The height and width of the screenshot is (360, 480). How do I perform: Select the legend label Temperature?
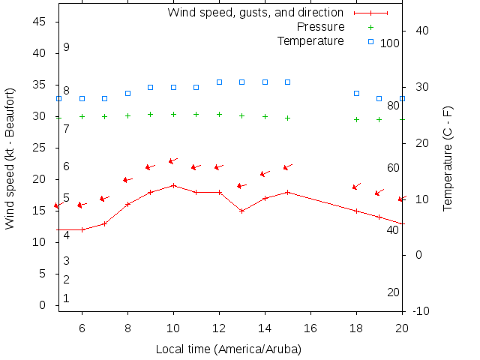click(310, 40)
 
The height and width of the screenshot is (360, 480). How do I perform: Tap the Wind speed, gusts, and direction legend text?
click(256, 13)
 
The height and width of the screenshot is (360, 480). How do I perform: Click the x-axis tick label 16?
click(310, 328)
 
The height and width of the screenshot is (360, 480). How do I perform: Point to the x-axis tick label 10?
click(173, 328)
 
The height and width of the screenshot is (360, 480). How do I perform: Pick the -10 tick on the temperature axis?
click(421, 310)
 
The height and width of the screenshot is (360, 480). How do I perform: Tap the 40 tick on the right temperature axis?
click(421, 31)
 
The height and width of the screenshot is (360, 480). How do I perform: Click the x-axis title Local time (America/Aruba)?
click(228, 349)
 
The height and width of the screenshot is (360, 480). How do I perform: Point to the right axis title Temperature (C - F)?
click(448, 158)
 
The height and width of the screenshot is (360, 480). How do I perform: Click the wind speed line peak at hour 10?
click(173, 185)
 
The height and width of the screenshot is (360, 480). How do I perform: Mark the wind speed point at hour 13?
click(241, 211)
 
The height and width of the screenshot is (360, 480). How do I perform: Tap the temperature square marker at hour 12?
click(219, 82)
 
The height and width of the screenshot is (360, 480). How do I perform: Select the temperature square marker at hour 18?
click(356, 93)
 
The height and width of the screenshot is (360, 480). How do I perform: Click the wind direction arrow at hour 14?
click(265, 173)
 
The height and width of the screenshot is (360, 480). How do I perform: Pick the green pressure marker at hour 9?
click(150, 115)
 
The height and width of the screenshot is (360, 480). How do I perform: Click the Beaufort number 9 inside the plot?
click(66, 47)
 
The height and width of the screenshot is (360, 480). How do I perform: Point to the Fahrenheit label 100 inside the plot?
click(389, 43)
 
